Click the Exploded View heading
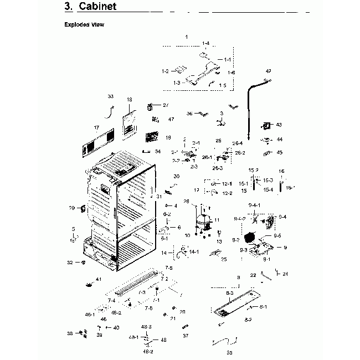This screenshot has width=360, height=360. [84, 25]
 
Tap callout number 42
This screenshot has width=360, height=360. [269, 71]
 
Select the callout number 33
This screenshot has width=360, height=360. [110, 96]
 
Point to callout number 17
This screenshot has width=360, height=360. [96, 127]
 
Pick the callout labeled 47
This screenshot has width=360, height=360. [171, 119]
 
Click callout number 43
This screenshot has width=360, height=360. [279, 125]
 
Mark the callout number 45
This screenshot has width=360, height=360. [279, 152]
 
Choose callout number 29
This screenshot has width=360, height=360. [71, 208]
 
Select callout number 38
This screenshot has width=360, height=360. [70, 333]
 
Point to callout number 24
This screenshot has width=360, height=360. [285, 274]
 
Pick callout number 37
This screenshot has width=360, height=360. [185, 336]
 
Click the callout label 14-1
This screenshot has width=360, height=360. [194, 252]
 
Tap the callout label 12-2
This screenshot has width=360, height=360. [227, 193]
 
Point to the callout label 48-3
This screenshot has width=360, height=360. [146, 327]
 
